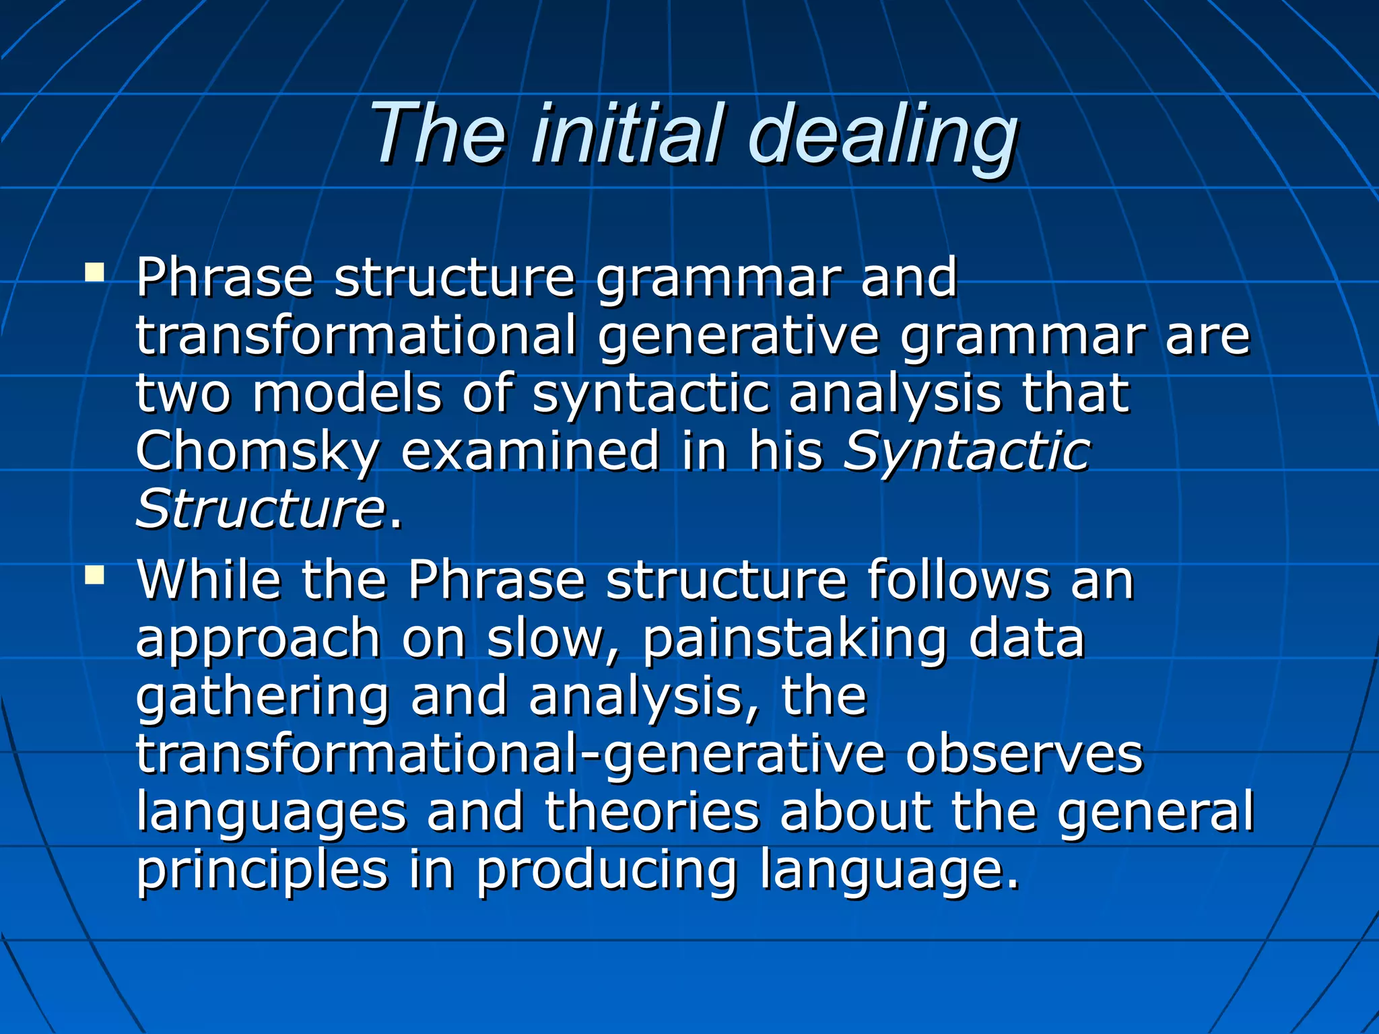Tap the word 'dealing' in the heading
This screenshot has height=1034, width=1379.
click(x=882, y=135)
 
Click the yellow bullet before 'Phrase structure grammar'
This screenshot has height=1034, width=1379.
click(x=95, y=272)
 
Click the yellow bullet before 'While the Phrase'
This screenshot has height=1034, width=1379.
click(x=95, y=574)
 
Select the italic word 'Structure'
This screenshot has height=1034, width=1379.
click(x=260, y=509)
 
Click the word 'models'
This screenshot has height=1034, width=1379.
click(x=346, y=393)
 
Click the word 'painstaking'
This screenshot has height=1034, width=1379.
click(x=794, y=640)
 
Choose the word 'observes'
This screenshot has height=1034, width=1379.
click(x=1024, y=755)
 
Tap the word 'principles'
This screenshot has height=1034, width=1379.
click(x=263, y=870)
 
